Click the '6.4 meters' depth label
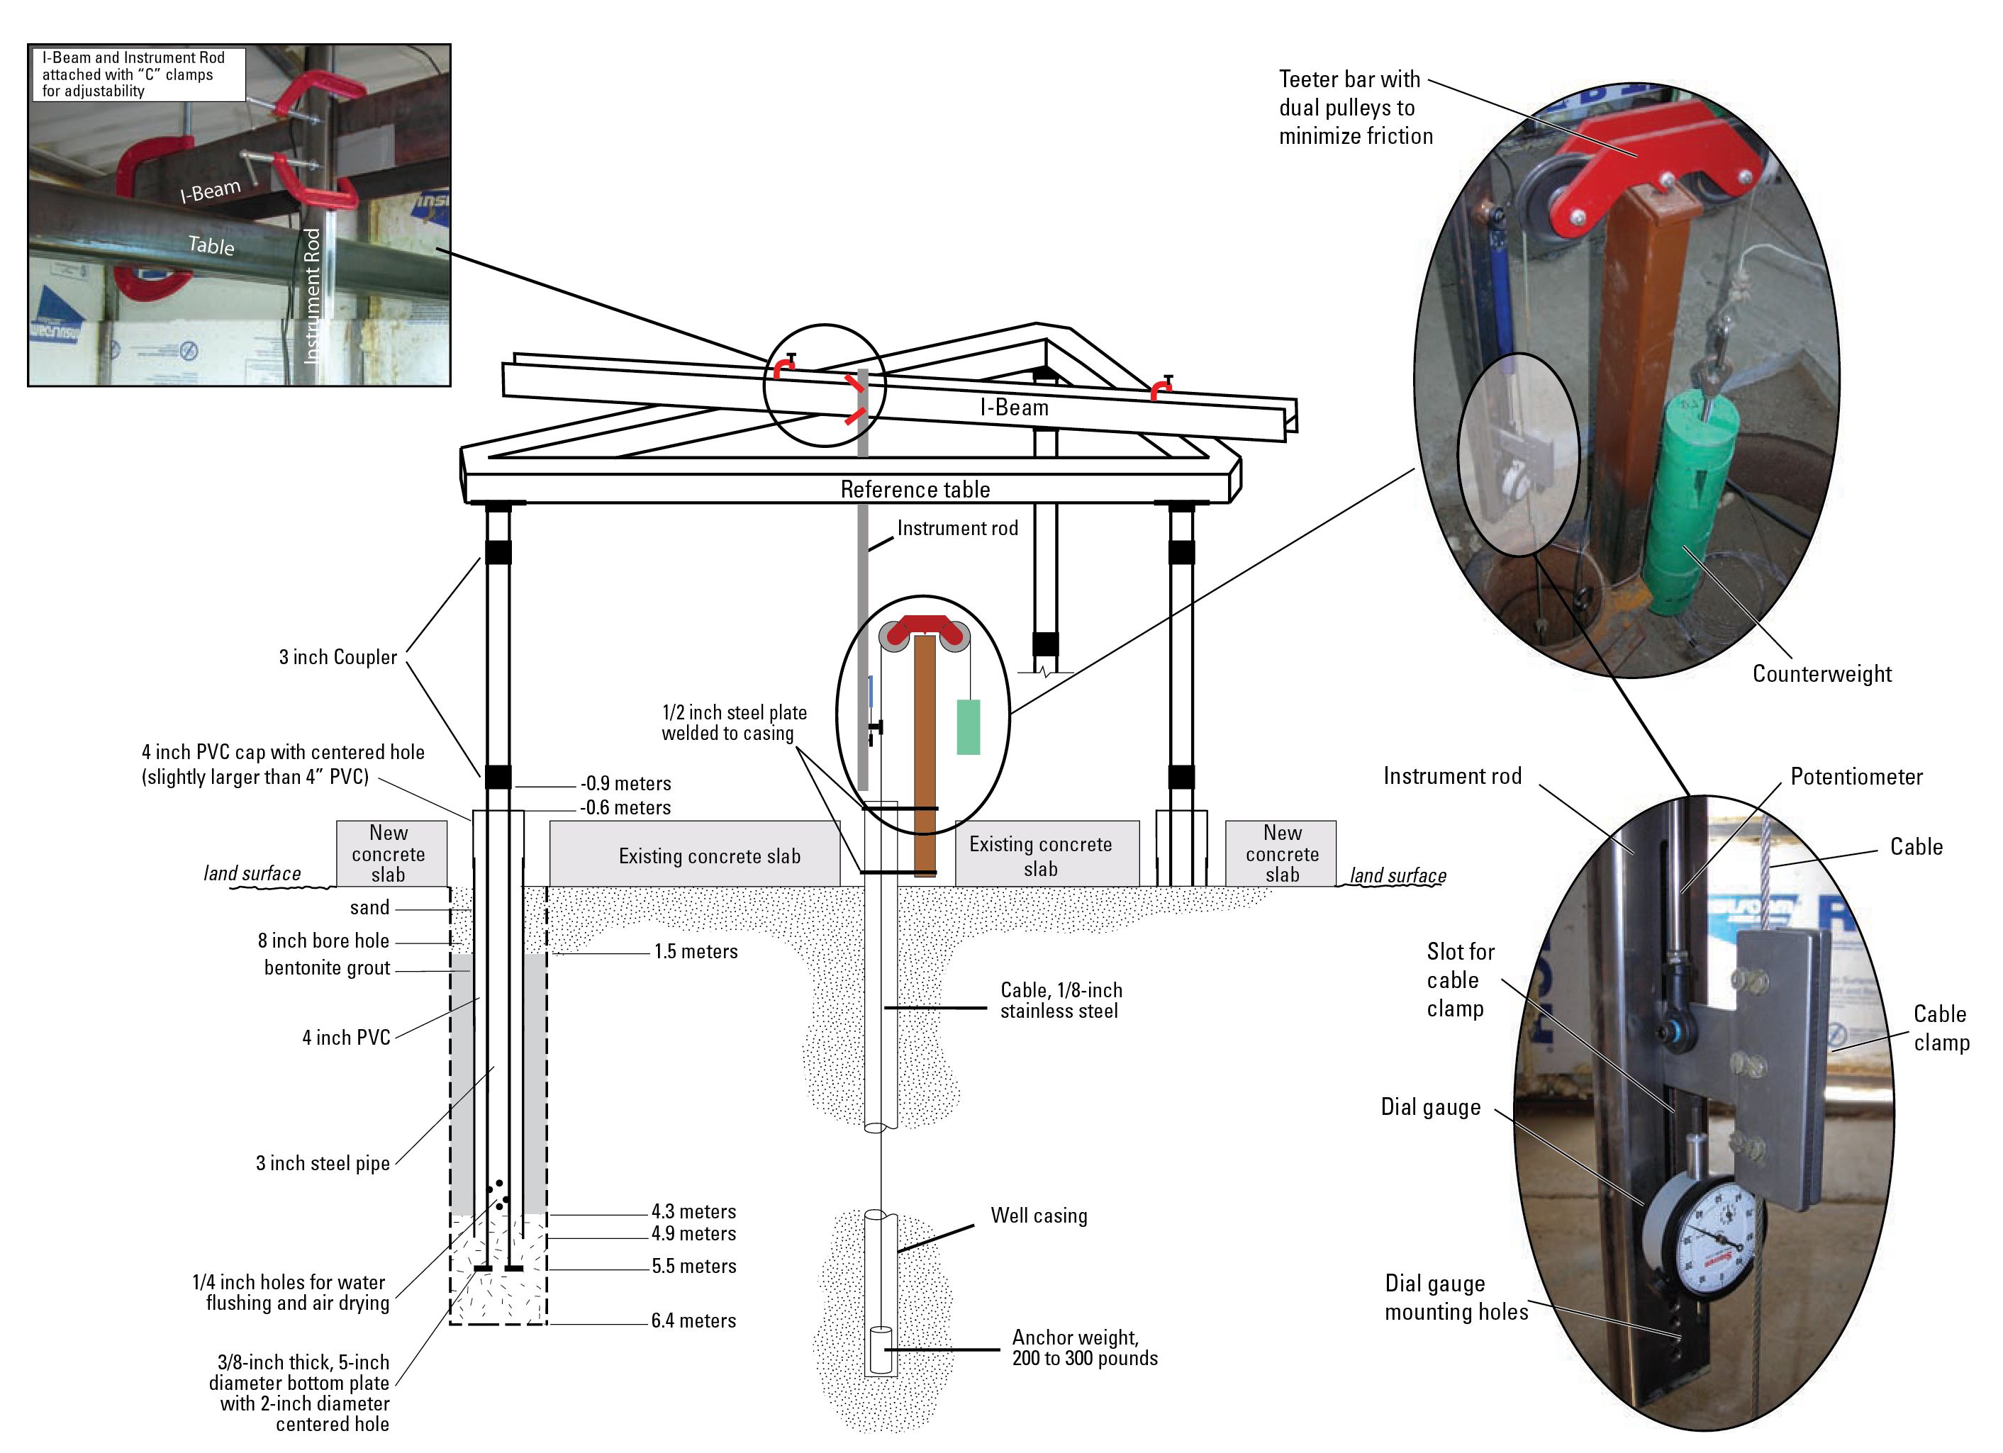[693, 1320]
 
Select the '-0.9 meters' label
[625, 783]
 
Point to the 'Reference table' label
[915, 490]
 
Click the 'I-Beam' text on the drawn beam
[1014, 408]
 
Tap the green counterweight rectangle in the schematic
[968, 726]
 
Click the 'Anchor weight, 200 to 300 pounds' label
[1085, 1348]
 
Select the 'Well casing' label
[1039, 1216]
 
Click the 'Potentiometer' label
[1856, 777]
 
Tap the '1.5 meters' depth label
[695, 952]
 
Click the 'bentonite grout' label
[327, 967]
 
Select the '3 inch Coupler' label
[337, 657]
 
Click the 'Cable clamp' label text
[1941, 1028]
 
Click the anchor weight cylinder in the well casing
[881, 1348]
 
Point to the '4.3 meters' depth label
[693, 1211]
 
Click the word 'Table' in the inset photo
[212, 245]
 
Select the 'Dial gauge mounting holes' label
[1456, 1298]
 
